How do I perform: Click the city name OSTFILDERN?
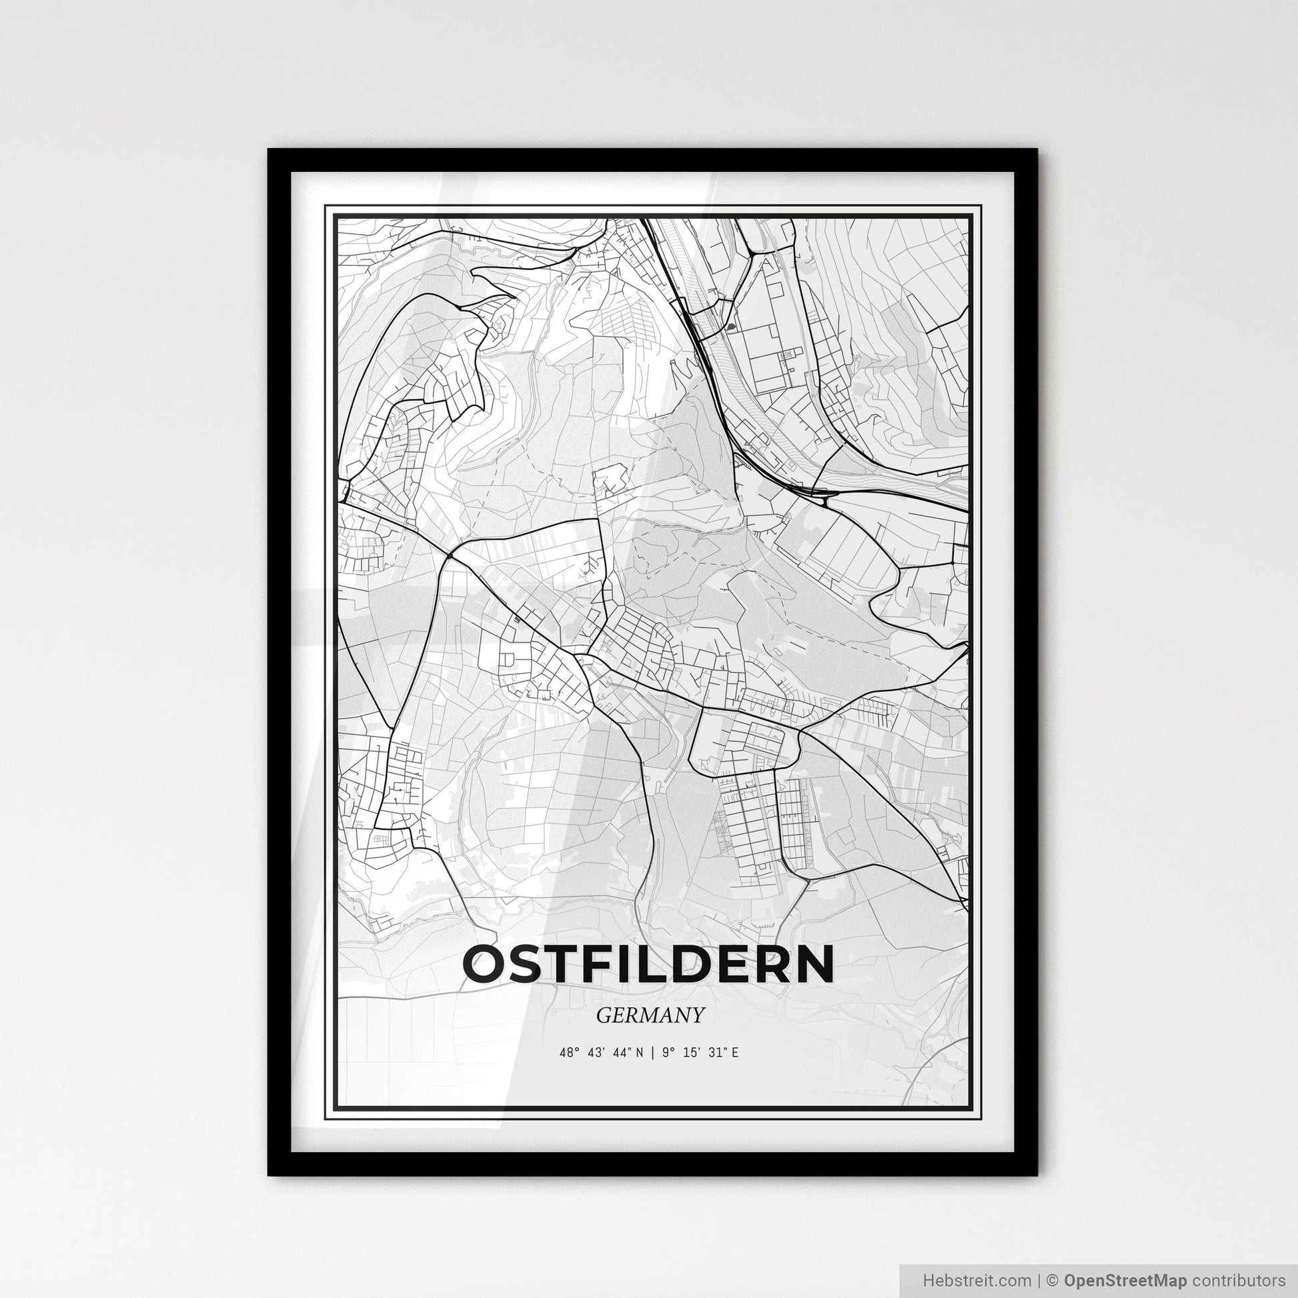pyautogui.click(x=648, y=964)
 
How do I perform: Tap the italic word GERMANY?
pyautogui.click(x=650, y=1015)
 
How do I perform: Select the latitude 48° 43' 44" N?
pyautogui.click(x=600, y=1053)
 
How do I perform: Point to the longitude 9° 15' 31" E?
pyautogui.click(x=700, y=1053)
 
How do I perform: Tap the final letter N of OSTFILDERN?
pyautogui.click(x=815, y=964)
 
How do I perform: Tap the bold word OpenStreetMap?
pyautogui.click(x=1125, y=1279)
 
